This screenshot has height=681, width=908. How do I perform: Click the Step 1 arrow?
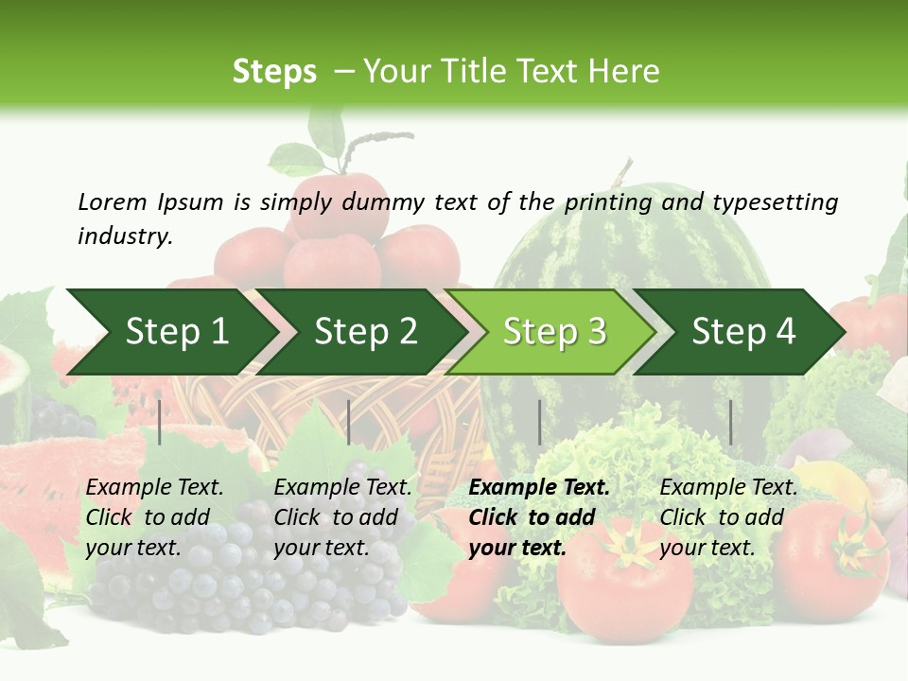pos(176,332)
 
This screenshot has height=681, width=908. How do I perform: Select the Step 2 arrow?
pos(365,332)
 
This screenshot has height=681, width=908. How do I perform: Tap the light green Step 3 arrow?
pos(554,332)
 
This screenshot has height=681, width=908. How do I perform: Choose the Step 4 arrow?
pos(743,332)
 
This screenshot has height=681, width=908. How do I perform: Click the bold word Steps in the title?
pos(274,72)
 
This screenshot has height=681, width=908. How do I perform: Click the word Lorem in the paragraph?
pos(113,201)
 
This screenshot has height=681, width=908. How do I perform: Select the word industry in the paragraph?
pos(124,236)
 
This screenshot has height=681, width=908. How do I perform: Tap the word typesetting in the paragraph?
pos(775,201)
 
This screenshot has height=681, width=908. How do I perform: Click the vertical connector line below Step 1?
pos(160,422)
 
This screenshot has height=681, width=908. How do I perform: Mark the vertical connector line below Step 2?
pos(349,422)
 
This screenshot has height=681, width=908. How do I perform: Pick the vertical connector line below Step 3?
pos(539,422)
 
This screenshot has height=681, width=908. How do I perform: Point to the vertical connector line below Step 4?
pos(730,422)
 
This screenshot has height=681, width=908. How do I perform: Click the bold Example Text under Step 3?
pos(539,488)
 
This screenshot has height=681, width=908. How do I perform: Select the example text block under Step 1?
pos(154,517)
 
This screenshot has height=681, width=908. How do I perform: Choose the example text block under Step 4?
pos(728,517)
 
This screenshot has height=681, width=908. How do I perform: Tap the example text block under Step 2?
pos(342,517)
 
